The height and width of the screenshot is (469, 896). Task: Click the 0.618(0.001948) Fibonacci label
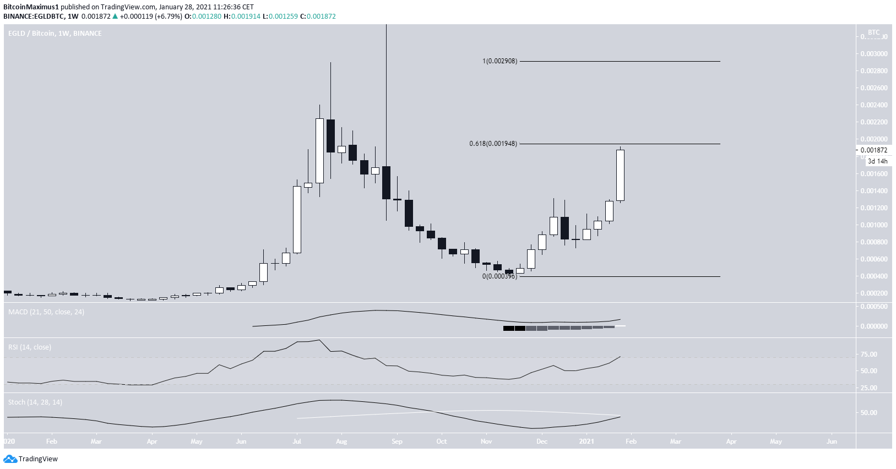click(493, 144)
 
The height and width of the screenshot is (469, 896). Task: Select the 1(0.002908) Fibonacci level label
click(499, 61)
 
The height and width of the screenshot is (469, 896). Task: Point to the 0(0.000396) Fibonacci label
click(499, 276)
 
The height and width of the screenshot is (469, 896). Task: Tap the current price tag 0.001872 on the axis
click(874, 150)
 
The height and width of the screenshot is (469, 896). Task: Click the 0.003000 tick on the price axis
click(874, 54)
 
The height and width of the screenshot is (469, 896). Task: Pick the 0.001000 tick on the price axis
click(874, 225)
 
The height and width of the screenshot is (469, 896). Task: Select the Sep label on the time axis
click(397, 441)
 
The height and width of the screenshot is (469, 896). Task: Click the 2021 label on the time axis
click(587, 441)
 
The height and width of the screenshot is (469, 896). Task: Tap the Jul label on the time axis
click(297, 441)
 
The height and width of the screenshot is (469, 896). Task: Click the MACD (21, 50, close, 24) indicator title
click(46, 312)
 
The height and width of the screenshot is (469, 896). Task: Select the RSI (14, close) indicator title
click(30, 347)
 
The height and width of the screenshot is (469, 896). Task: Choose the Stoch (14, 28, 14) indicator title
click(35, 402)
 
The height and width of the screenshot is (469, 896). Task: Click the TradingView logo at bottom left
click(31, 459)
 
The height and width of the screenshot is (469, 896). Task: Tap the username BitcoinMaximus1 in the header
click(31, 7)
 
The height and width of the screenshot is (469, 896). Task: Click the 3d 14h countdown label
click(877, 161)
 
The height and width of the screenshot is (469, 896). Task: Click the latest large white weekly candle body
click(620, 175)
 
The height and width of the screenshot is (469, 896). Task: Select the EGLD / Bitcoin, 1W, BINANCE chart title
click(55, 34)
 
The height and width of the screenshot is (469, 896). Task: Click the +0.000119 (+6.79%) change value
click(150, 17)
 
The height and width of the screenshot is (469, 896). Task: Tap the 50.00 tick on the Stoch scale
click(869, 413)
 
